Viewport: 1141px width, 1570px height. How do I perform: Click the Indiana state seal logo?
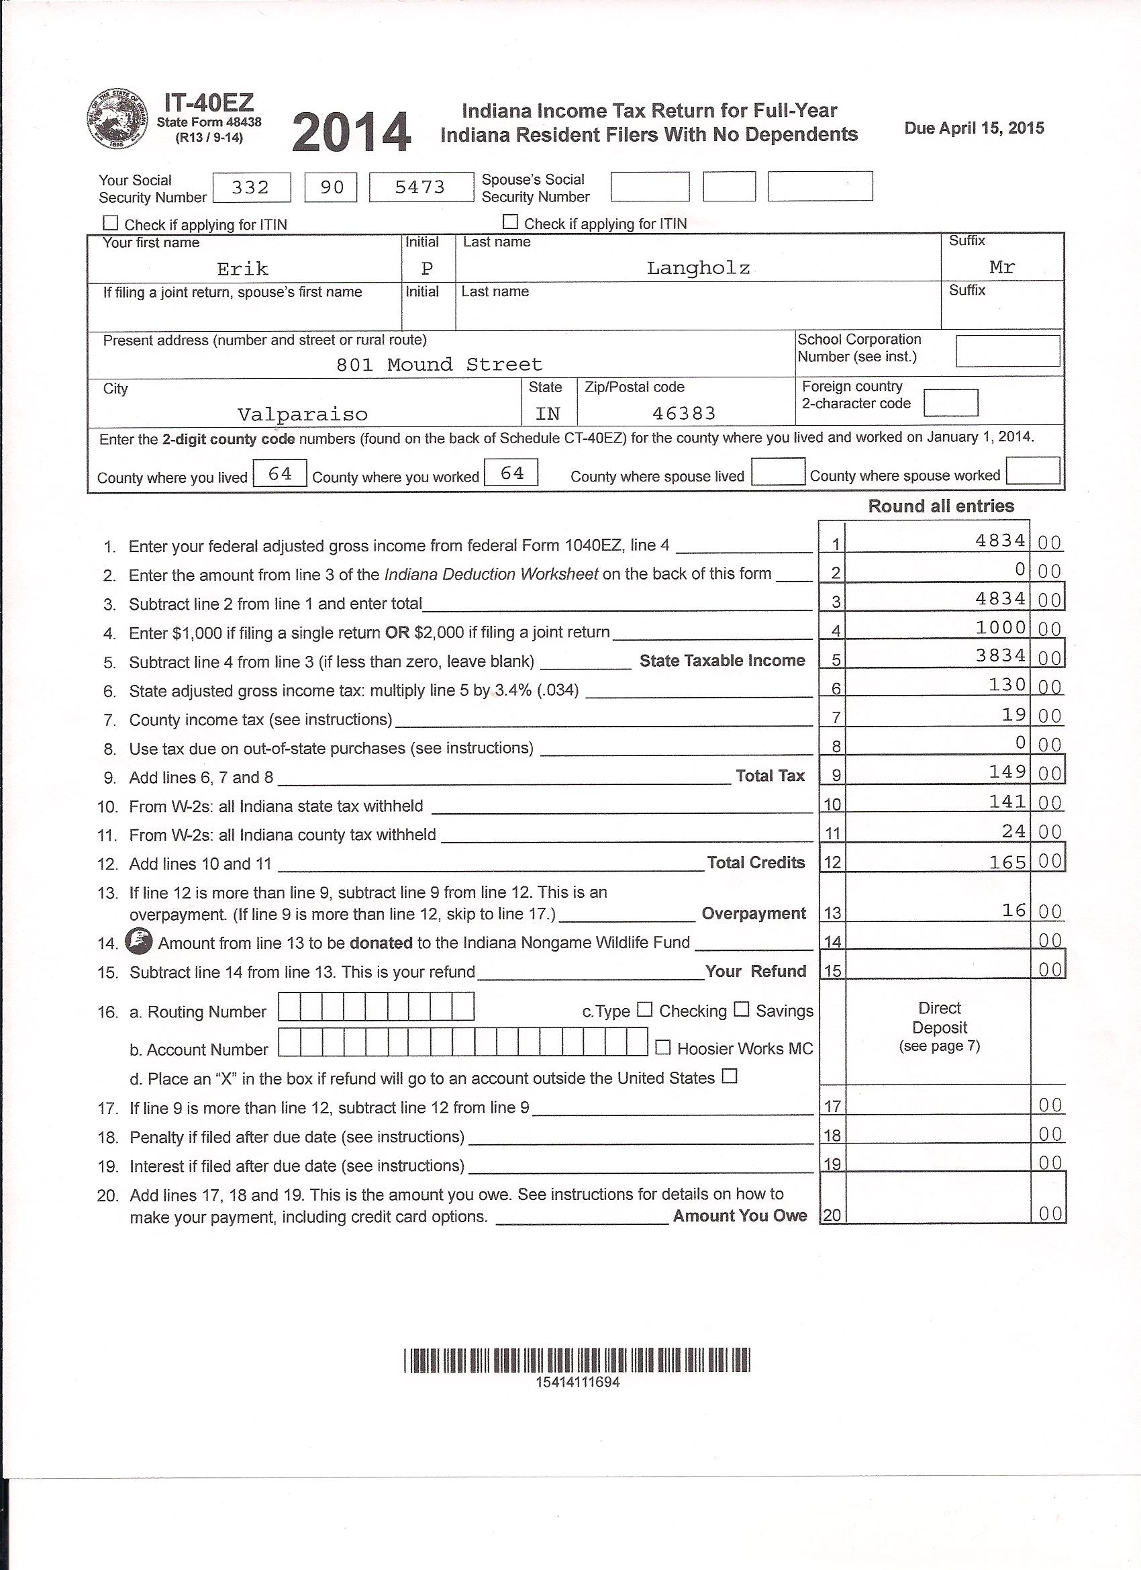coord(117,119)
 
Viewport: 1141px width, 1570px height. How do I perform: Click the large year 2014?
coord(352,133)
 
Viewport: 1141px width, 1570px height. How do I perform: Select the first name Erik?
coord(242,269)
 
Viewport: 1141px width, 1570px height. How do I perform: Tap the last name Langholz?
coord(697,268)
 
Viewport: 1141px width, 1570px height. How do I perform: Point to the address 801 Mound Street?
coord(439,364)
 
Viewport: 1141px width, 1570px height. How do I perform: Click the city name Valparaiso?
coord(303,414)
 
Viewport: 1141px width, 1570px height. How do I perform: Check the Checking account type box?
coord(644,1009)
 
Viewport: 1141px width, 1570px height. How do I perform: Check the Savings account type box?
coord(741,1009)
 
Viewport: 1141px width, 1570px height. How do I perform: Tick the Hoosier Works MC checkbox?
coord(662,1048)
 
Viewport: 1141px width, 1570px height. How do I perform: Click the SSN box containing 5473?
coord(421,187)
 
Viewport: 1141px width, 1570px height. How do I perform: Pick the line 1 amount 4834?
coord(1000,540)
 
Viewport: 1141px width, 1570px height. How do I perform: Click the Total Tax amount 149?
coord(1007,771)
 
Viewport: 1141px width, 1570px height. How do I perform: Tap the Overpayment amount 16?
coord(1013,911)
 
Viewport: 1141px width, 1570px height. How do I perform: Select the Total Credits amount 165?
coord(1007,861)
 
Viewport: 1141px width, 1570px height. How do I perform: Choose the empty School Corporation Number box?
coord(1007,351)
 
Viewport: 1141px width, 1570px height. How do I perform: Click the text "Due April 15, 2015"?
coord(974,128)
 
